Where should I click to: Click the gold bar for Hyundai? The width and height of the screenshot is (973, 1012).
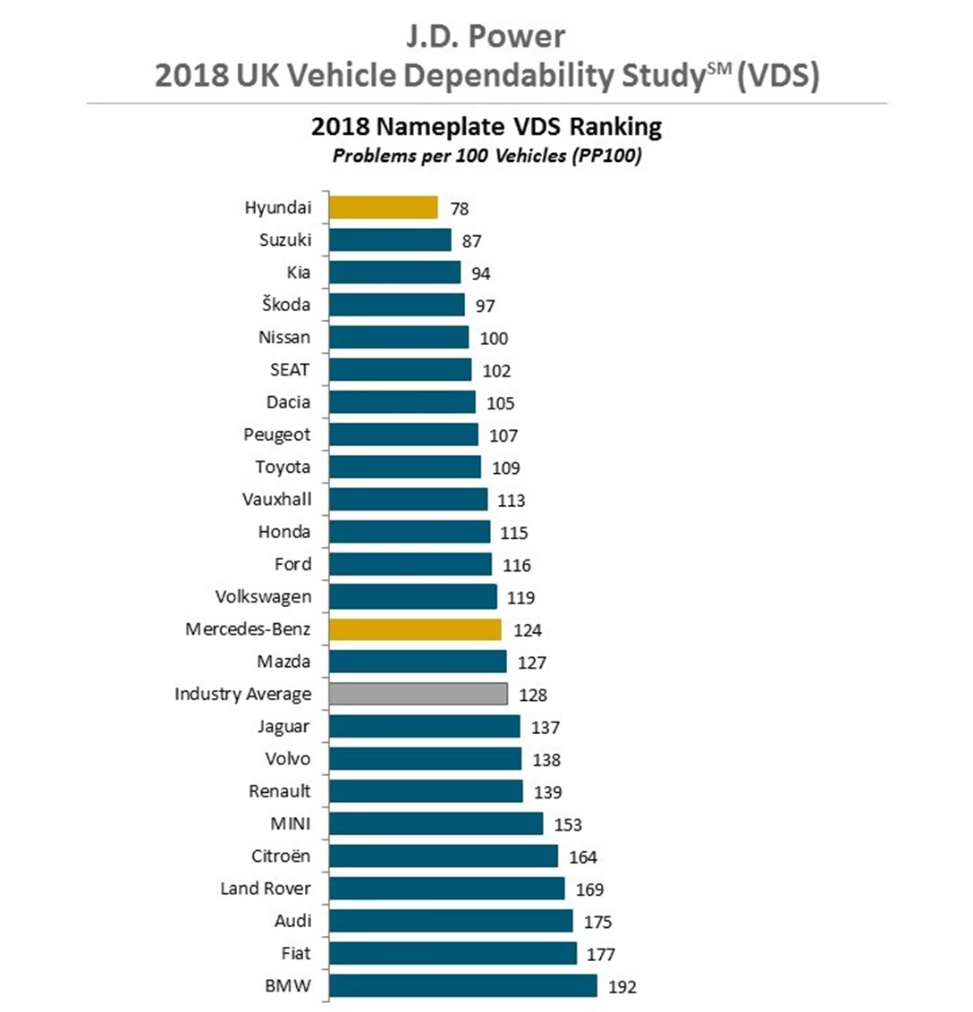click(383, 207)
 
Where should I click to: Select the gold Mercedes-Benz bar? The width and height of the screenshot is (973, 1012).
click(415, 629)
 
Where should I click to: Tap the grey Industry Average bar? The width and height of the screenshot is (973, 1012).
click(418, 694)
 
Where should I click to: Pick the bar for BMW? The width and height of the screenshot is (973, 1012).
click(462, 986)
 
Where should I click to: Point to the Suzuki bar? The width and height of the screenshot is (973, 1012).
click(390, 240)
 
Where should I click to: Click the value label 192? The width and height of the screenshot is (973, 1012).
click(622, 987)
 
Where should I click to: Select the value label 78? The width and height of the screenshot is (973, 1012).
click(460, 208)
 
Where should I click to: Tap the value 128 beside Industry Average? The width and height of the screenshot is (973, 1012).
click(533, 695)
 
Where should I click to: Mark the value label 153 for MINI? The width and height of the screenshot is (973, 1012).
click(568, 824)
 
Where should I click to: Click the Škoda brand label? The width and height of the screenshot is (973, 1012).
click(286, 304)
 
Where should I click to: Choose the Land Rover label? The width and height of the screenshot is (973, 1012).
click(266, 889)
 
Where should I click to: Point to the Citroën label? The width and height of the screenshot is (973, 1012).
click(281, 856)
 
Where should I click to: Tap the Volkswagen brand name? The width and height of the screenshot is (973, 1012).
click(264, 596)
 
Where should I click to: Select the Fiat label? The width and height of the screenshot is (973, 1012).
click(296, 953)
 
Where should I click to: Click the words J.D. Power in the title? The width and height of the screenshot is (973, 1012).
click(486, 37)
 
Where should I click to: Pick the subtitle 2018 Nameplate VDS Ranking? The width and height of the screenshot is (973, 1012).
click(486, 127)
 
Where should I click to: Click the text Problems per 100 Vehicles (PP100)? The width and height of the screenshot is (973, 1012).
click(487, 156)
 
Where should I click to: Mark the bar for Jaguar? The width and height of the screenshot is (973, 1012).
click(424, 726)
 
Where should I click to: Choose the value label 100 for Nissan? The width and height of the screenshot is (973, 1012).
click(494, 338)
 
